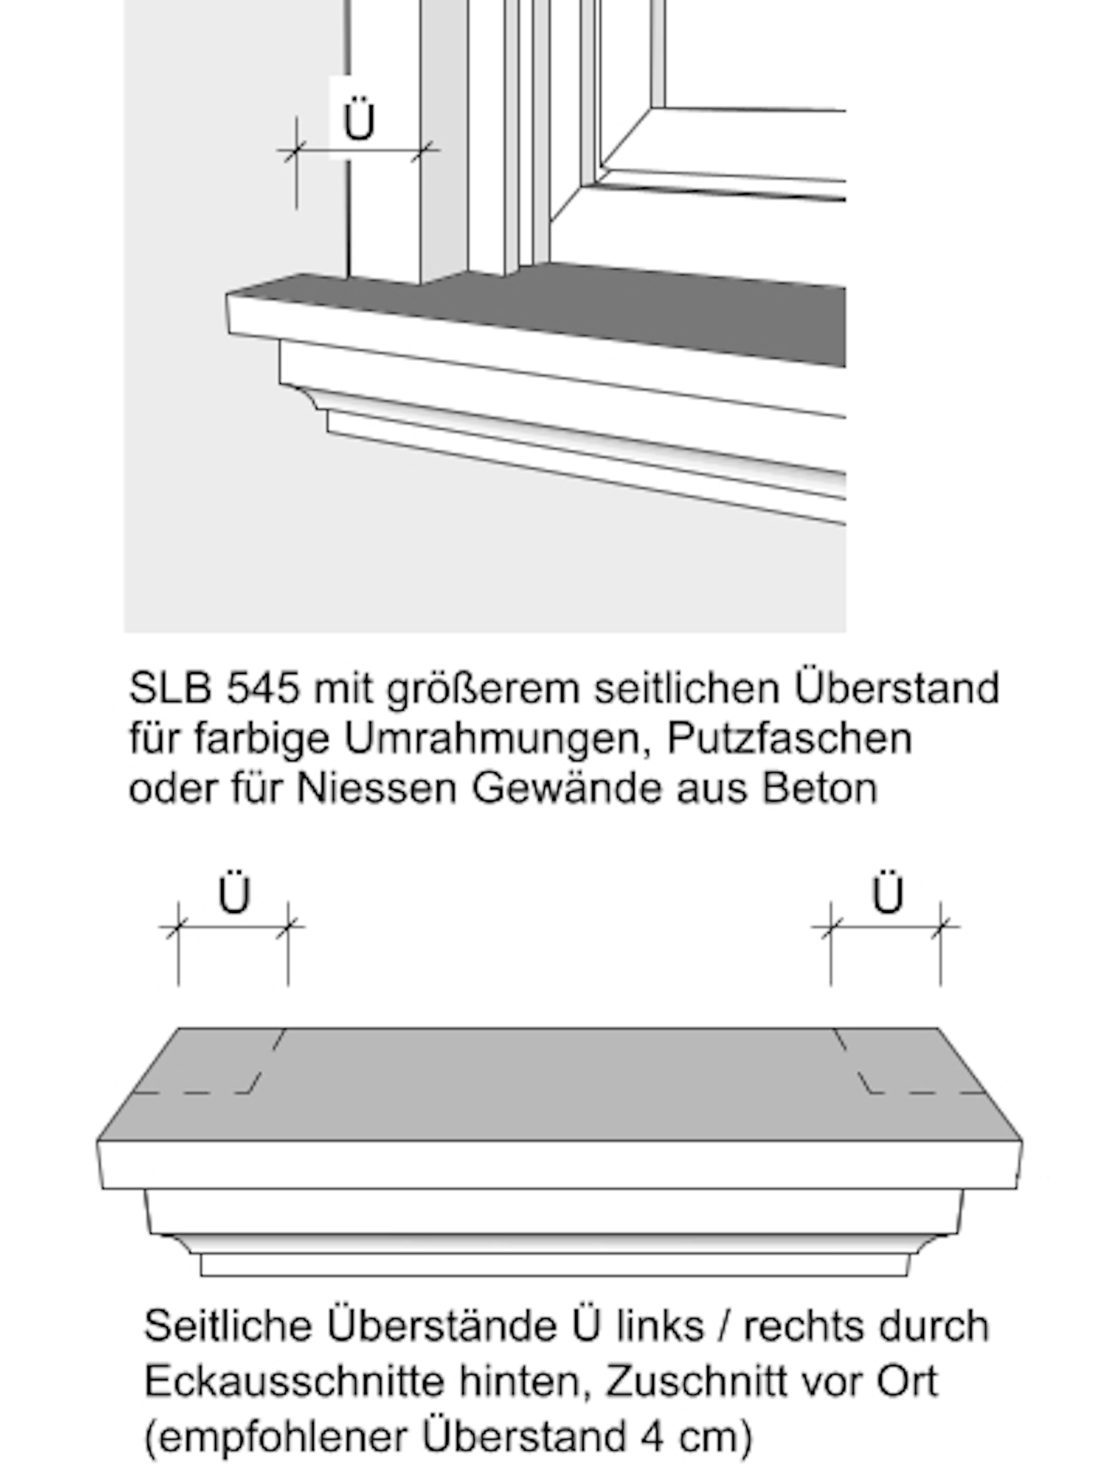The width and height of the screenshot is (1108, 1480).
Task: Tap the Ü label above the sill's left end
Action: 234,894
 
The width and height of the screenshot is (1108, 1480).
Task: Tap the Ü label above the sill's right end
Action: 887,894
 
